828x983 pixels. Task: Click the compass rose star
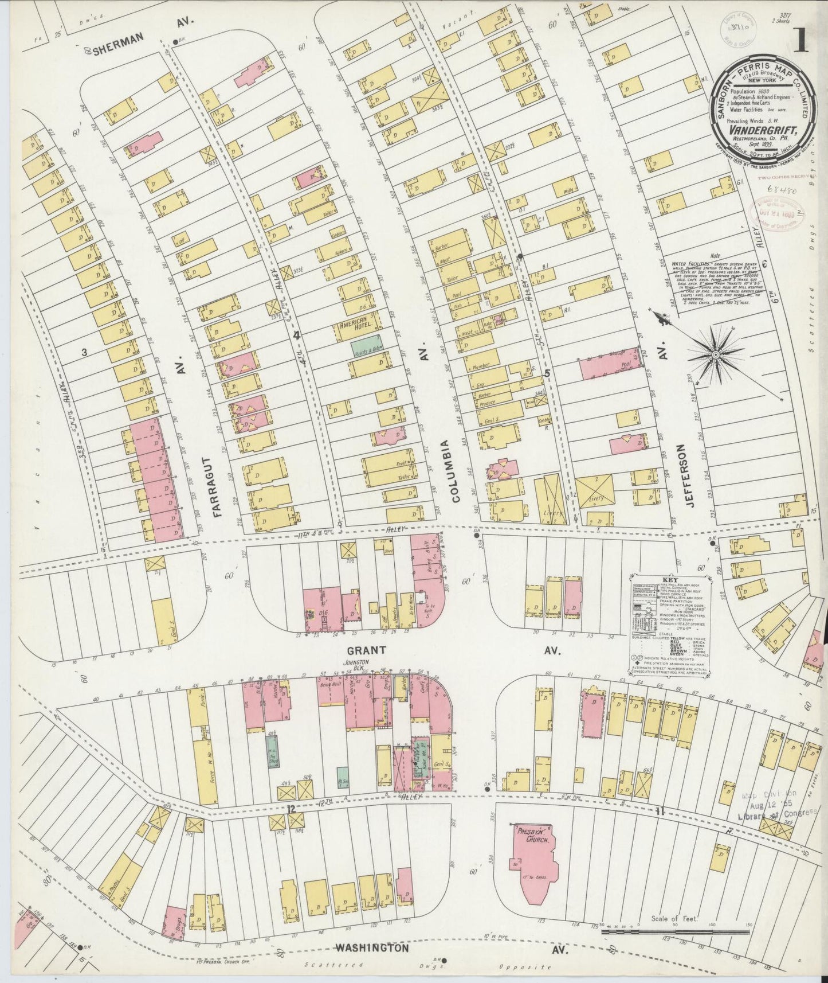pyautogui.click(x=716, y=355)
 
